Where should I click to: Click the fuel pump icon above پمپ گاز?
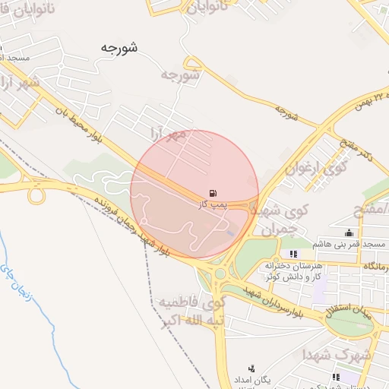coord(210,192)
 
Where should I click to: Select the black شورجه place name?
coord(119,48)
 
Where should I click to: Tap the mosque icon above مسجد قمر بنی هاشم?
coord(349,232)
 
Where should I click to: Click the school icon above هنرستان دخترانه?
coord(293,254)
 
